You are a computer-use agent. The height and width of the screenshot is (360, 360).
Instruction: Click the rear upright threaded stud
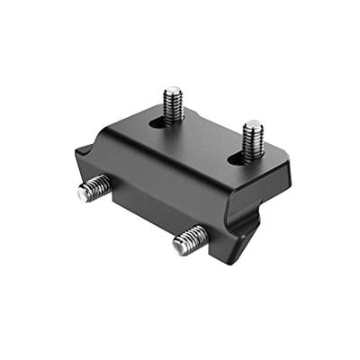(x=173, y=103)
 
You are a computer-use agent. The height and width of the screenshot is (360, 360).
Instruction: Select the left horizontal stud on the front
(x=94, y=189)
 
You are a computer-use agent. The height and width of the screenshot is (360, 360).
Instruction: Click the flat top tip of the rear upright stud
(x=173, y=91)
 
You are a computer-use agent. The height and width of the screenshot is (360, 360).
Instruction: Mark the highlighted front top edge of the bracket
(x=171, y=171)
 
